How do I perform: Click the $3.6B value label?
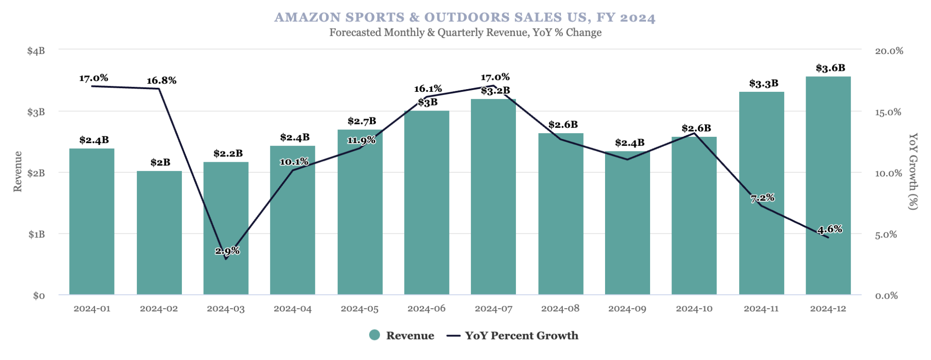(x=830, y=68)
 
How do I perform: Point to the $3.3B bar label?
(x=764, y=84)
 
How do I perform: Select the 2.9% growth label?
(x=227, y=251)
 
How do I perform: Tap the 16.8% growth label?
(x=161, y=81)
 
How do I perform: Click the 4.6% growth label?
(x=830, y=230)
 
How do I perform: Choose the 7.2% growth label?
(x=762, y=198)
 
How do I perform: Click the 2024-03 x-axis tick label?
(x=226, y=309)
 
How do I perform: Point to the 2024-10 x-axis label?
(x=694, y=309)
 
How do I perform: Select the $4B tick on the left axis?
(x=36, y=51)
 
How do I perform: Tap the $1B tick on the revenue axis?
(x=36, y=235)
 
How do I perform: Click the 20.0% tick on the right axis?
(x=889, y=51)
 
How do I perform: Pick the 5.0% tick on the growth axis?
(x=886, y=235)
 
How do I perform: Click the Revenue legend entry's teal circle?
(x=375, y=335)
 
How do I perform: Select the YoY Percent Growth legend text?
(x=521, y=335)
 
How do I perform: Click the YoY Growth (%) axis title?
(x=913, y=171)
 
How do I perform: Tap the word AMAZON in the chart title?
(x=307, y=17)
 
